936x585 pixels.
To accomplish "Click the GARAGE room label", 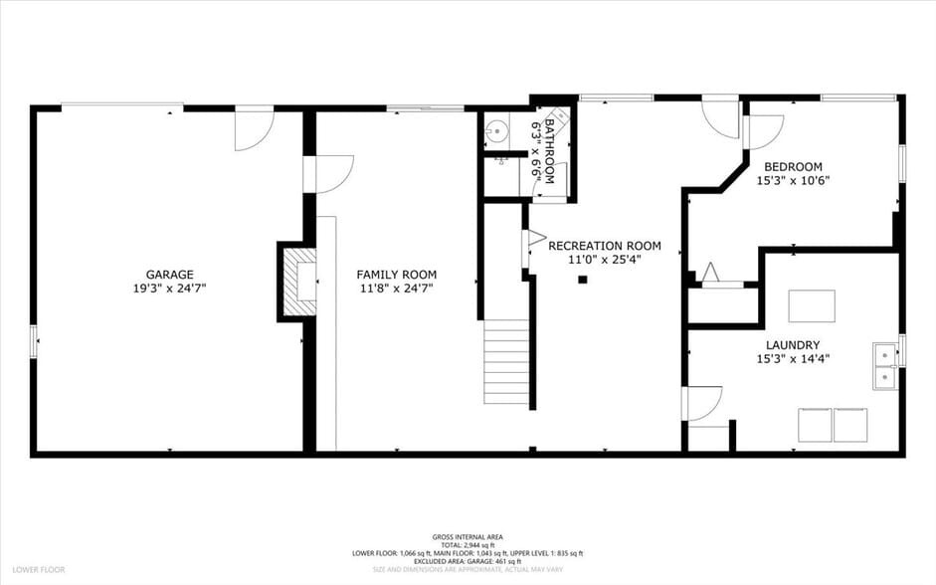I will tap(169, 275).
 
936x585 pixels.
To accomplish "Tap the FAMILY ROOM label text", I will tap(396, 275).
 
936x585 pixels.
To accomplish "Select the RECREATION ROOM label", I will tap(604, 246).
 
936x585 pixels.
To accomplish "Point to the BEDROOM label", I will tap(793, 166).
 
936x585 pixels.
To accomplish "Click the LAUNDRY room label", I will tap(793, 345).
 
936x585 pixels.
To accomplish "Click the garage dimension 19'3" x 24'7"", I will tap(169, 288).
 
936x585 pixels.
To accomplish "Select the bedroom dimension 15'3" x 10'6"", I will tap(793, 181).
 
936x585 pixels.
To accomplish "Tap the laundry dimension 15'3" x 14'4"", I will tap(793, 359).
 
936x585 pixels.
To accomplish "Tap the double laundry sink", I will tap(884, 366).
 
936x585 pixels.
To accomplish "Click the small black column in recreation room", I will tap(583, 280).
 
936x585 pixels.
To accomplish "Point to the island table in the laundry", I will tap(811, 305).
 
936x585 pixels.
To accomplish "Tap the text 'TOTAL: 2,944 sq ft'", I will tap(468, 544).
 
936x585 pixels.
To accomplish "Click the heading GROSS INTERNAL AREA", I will tap(468, 536).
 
